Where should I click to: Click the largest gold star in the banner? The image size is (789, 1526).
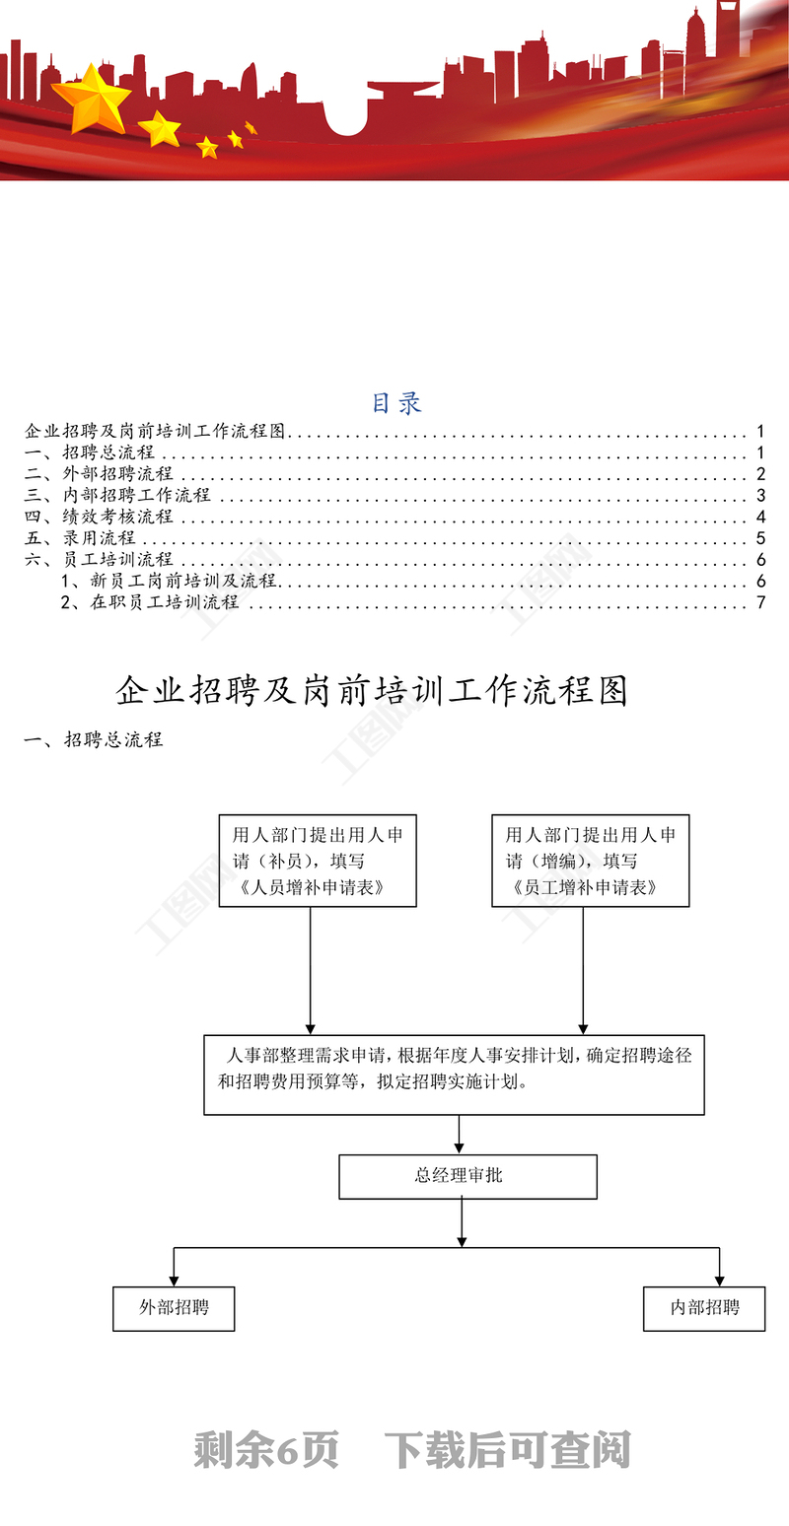point(91,99)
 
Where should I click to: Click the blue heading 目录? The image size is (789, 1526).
point(396,403)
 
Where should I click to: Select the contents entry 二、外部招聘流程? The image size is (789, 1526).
point(100,473)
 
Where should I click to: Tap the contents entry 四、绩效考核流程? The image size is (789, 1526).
point(100,517)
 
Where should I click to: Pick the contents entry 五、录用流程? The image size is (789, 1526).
point(81,537)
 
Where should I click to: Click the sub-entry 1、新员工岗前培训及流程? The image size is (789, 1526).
point(169,581)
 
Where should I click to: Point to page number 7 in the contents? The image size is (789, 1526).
point(761,602)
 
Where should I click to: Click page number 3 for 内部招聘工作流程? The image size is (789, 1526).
point(761,495)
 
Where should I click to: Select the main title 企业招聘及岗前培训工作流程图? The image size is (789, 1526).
point(372,691)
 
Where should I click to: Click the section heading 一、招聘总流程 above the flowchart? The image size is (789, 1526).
point(94,740)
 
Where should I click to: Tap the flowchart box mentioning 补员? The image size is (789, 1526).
point(318,861)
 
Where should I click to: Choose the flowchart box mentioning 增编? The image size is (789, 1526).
point(591,861)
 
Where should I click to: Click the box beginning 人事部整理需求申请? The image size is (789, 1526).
point(454,1075)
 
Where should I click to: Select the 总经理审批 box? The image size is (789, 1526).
point(468,1176)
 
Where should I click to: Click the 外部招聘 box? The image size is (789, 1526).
point(174,1309)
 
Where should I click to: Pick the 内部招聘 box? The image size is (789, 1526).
point(704,1309)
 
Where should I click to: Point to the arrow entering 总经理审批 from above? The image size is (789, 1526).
point(460,1135)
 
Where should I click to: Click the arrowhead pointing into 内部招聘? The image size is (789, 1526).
point(720,1281)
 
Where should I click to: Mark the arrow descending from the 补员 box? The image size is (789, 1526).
point(311,971)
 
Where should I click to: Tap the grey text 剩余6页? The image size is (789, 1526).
point(266,1450)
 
